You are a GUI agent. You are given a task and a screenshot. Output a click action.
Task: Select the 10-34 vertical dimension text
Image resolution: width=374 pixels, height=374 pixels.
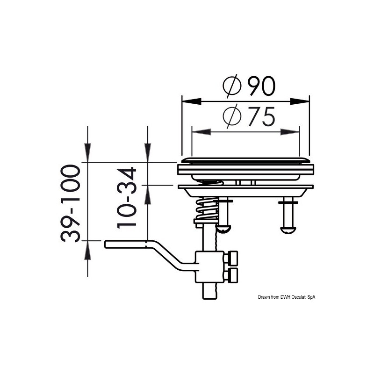click(x=127, y=197)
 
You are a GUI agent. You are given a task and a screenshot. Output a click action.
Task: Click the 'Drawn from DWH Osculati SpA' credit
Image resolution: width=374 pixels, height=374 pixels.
click(x=290, y=297)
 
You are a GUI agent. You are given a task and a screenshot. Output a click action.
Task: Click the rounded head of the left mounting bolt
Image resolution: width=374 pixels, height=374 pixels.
click(x=224, y=229)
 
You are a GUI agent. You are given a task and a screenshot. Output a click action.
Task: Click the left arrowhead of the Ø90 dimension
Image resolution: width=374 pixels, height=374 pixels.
click(x=188, y=101)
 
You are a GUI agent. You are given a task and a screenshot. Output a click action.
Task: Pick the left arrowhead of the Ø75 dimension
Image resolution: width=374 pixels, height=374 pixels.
click(x=198, y=132)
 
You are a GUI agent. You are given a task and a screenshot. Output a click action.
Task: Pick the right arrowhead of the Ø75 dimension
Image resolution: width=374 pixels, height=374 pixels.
click(x=293, y=132)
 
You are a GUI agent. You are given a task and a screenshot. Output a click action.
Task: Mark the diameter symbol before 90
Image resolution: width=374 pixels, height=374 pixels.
click(x=232, y=86)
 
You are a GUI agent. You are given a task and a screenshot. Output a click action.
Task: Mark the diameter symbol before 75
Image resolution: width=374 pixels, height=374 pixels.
click(x=232, y=117)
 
